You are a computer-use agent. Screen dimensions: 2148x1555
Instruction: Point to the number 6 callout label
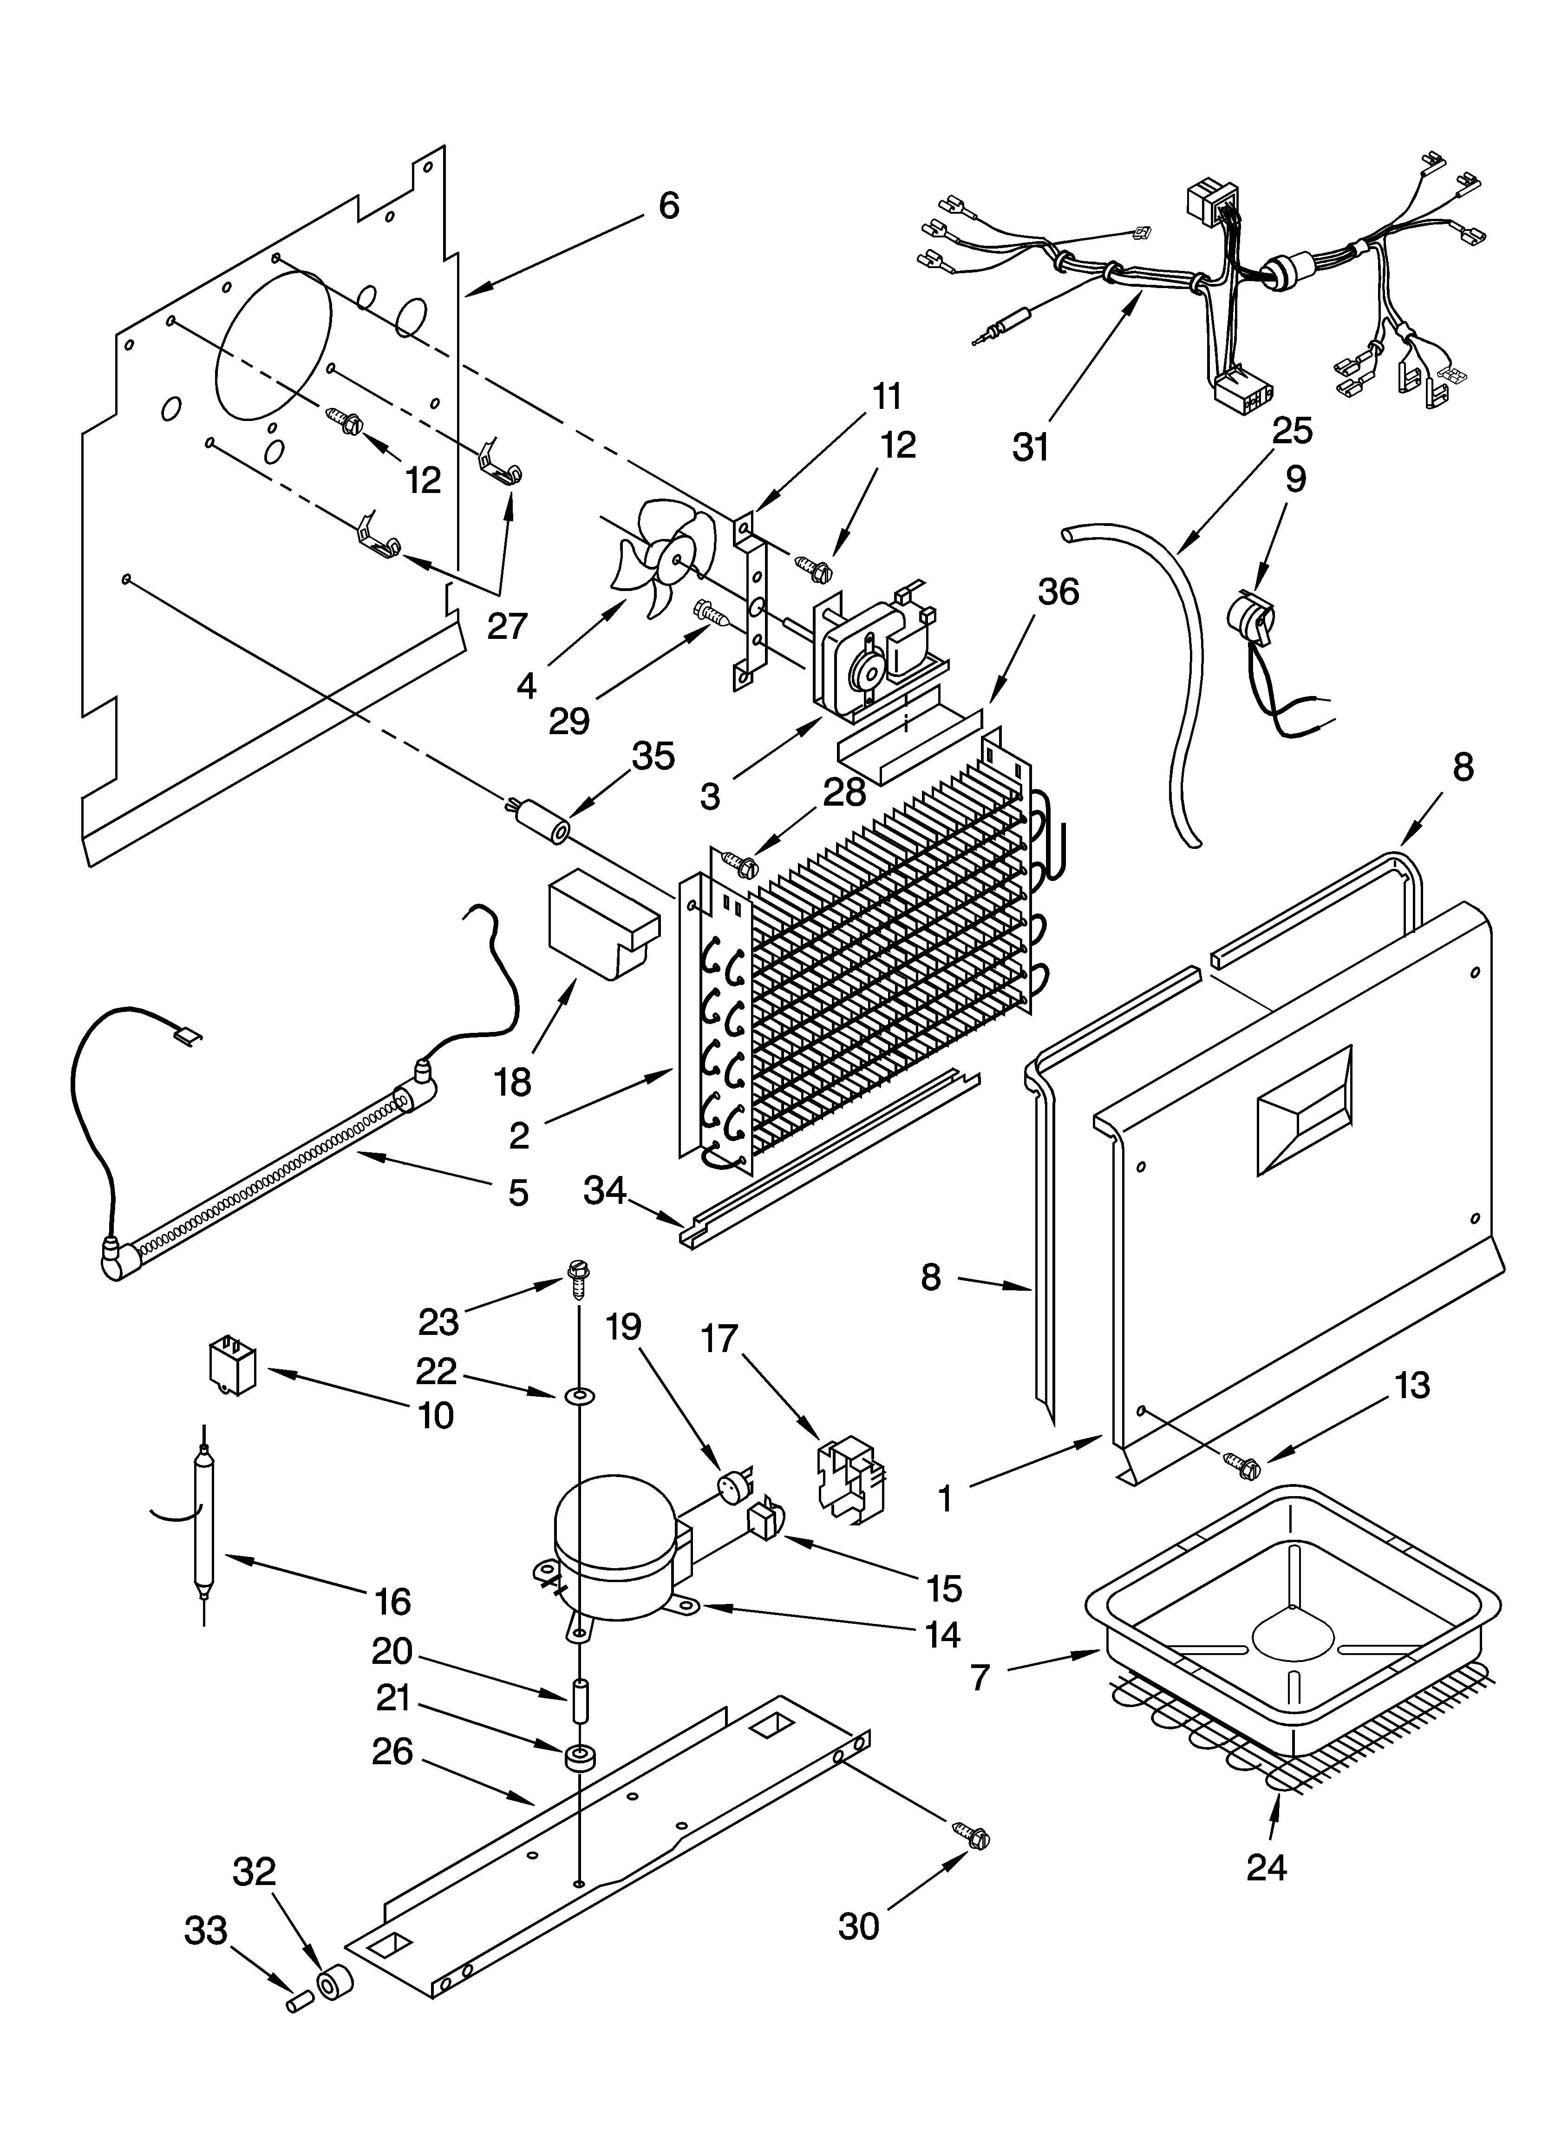[669, 205]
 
